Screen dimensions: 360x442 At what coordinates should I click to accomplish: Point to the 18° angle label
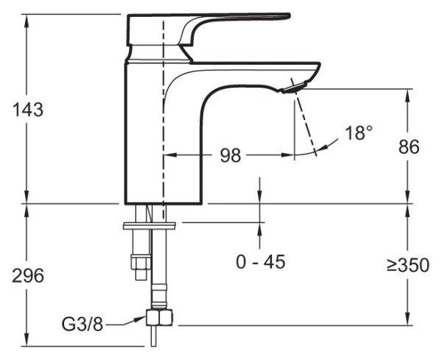pyautogui.click(x=358, y=133)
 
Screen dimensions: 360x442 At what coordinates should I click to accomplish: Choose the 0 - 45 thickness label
pyautogui.click(x=260, y=261)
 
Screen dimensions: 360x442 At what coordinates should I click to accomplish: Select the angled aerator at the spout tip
pyautogui.click(x=292, y=89)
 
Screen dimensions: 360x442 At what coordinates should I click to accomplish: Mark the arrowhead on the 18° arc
pyautogui.click(x=296, y=154)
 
